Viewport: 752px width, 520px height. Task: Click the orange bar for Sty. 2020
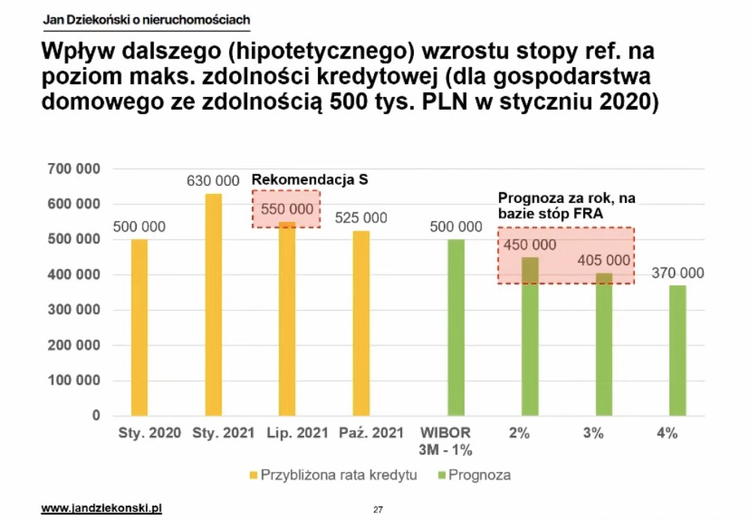pyautogui.click(x=140, y=327)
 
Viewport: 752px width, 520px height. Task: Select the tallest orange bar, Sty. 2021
pyautogui.click(x=213, y=304)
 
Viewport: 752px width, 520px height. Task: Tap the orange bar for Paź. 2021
pyautogui.click(x=362, y=323)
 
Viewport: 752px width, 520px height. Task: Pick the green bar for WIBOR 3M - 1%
pyautogui.click(x=456, y=327)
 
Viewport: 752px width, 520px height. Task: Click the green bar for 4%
pyautogui.click(x=678, y=350)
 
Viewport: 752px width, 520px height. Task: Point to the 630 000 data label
pyautogui.click(x=213, y=181)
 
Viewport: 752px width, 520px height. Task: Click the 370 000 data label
pyautogui.click(x=678, y=273)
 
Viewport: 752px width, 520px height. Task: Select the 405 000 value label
pyautogui.click(x=604, y=261)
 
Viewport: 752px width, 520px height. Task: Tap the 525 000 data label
pyautogui.click(x=362, y=218)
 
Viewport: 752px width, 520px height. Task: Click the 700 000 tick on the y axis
pyautogui.click(x=74, y=168)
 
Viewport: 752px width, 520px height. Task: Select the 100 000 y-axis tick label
pyautogui.click(x=74, y=380)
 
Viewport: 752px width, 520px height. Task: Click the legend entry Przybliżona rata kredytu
pyautogui.click(x=334, y=475)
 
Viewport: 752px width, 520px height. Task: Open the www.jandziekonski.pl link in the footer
pyautogui.click(x=101, y=509)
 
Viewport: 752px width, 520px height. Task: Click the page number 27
pyautogui.click(x=377, y=510)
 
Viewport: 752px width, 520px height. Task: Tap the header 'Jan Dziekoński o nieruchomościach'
pyautogui.click(x=146, y=19)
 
